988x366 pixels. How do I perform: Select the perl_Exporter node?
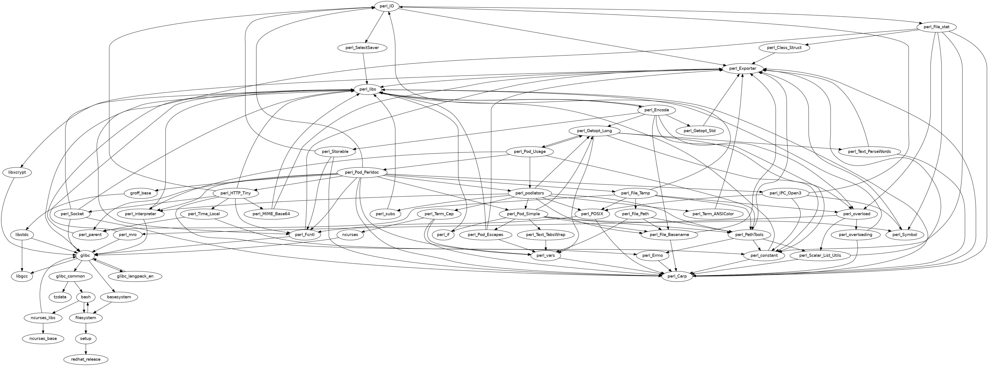pos(743,69)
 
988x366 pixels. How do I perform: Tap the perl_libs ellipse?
pos(367,89)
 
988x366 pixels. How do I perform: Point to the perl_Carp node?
pos(677,276)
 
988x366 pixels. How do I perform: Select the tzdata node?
pos(60,297)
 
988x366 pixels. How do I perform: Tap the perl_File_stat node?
pos(936,27)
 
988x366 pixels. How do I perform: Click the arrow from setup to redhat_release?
pos(86,349)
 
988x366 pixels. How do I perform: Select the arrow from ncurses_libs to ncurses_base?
pos(43,328)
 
